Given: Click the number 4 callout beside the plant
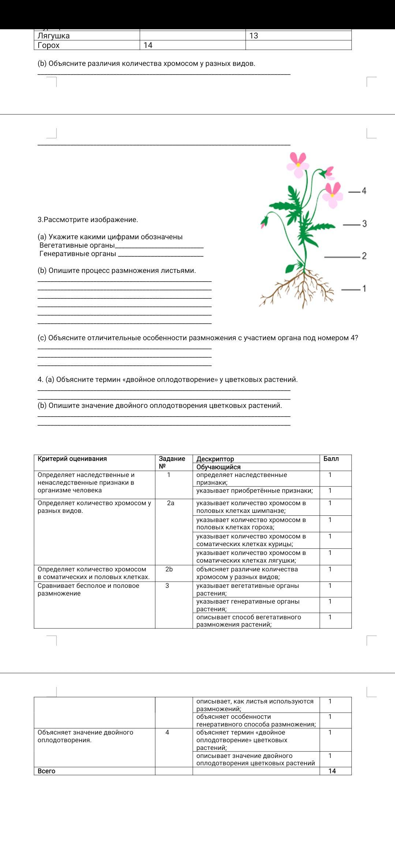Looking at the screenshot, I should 364,191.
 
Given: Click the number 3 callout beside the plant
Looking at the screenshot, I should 364,224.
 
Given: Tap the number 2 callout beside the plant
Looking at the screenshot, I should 364,256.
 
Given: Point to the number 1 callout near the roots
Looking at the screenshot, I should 364,289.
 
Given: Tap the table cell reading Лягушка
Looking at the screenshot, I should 54,36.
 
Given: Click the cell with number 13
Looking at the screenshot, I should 254,36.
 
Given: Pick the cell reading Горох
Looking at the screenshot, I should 49,45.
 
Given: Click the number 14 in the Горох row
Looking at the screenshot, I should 148,45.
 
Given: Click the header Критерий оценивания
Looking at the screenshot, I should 72,459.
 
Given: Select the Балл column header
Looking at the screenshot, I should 331,459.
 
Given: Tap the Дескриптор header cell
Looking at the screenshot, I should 215,459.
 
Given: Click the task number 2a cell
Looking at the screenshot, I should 170,503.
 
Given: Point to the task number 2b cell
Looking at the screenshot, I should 169,569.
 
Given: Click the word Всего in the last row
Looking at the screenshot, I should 46,771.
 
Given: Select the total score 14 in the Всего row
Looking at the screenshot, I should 332,771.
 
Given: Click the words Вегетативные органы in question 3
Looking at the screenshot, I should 77,245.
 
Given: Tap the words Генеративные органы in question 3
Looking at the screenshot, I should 78,254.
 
